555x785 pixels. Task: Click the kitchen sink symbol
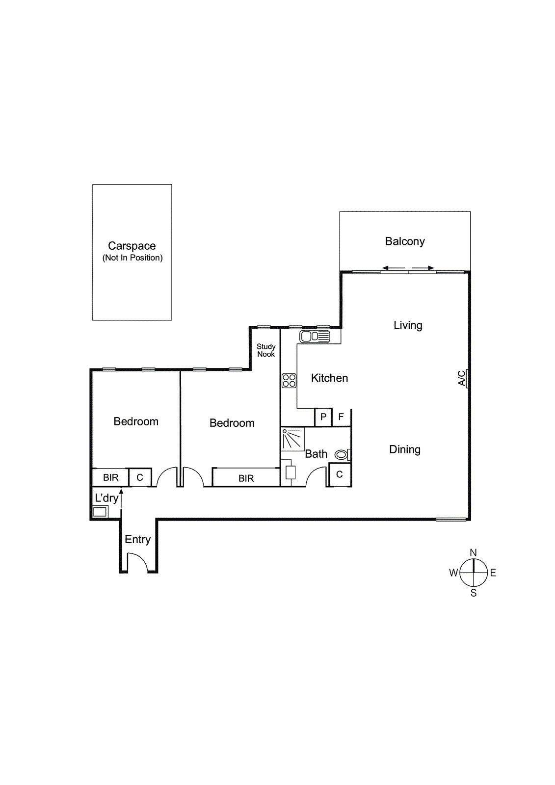point(315,337)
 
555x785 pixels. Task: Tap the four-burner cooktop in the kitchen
point(289,381)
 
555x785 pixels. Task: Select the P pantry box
point(323,417)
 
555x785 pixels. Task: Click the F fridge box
point(341,417)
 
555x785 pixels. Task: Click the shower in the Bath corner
point(292,439)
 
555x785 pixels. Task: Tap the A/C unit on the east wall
point(467,378)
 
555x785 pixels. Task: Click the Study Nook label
point(266,350)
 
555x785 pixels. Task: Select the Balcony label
point(405,241)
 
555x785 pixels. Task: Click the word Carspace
point(132,246)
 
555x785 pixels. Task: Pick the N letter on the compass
point(473,553)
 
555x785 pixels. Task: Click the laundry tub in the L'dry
point(100,512)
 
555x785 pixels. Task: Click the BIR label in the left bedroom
point(110,477)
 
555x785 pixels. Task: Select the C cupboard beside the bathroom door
point(339,475)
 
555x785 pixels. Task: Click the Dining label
point(405,449)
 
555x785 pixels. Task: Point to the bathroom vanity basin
point(291,472)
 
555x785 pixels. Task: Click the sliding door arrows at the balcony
point(408,268)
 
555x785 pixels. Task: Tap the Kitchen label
point(329,378)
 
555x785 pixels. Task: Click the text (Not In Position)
point(132,258)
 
